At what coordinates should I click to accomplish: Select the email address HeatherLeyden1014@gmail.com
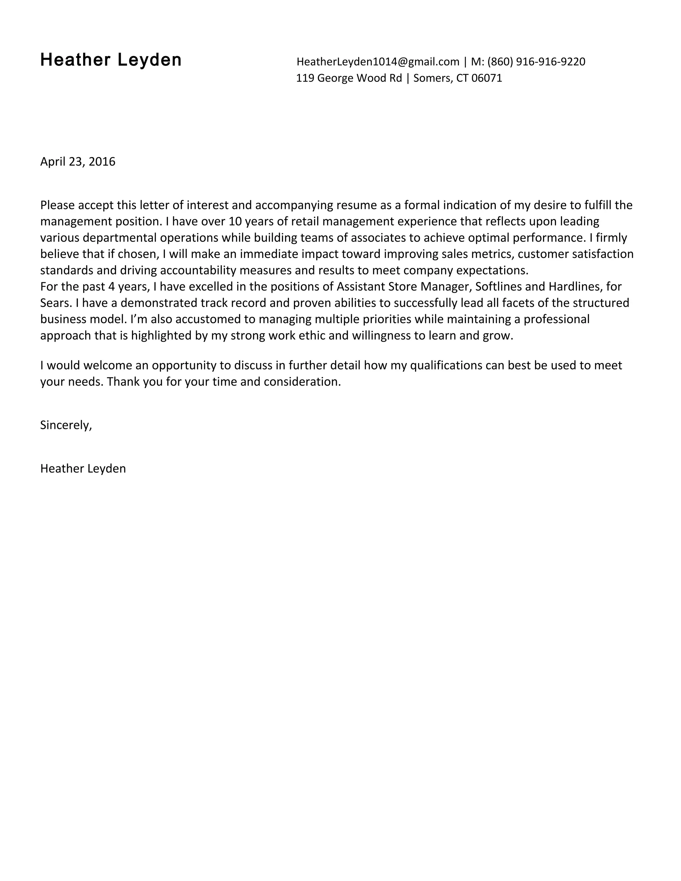(378, 62)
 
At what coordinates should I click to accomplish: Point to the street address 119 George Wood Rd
(349, 78)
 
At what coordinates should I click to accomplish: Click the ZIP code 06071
(486, 78)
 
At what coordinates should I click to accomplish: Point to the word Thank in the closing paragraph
(123, 382)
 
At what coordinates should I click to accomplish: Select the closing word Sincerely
(66, 425)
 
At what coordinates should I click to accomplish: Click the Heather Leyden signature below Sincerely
(83, 469)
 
